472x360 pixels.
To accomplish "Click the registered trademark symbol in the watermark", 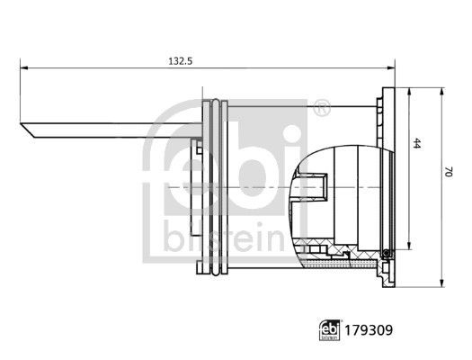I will [x=321, y=109].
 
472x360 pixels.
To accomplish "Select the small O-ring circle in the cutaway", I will [x=387, y=253].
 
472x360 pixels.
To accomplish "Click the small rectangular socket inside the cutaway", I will [x=312, y=186].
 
